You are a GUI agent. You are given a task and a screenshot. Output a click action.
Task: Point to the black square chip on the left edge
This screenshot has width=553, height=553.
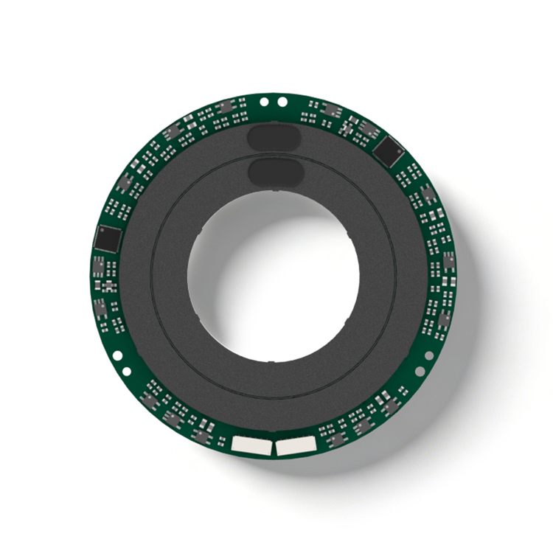point(108,238)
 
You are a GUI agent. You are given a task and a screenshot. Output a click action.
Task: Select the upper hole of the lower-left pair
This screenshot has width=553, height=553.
point(116,355)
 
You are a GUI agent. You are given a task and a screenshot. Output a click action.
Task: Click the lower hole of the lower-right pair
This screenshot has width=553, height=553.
point(420,370)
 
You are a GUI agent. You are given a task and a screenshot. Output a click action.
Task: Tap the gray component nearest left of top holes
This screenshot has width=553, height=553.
point(226,108)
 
